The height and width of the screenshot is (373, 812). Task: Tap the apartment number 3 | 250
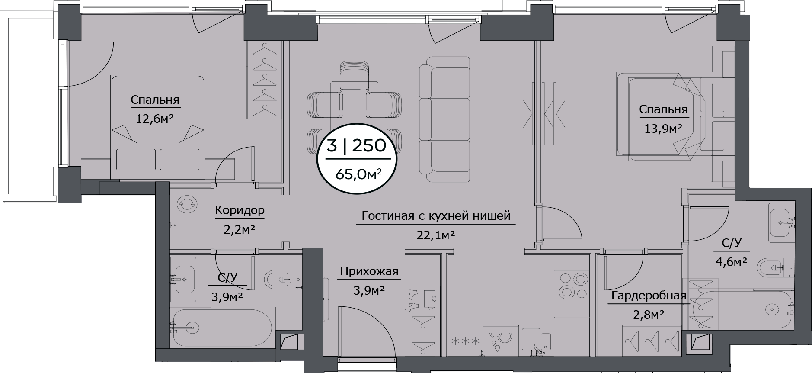tap(356, 146)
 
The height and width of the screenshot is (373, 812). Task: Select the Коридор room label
tap(240, 211)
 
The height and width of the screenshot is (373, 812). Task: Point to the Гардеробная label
tap(649, 296)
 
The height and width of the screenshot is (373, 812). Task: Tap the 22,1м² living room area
tap(436, 235)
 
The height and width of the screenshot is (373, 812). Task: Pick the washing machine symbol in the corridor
tap(188, 204)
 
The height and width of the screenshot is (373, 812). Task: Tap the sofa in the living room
tap(444, 119)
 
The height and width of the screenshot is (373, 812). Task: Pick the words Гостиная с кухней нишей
tap(436, 215)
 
